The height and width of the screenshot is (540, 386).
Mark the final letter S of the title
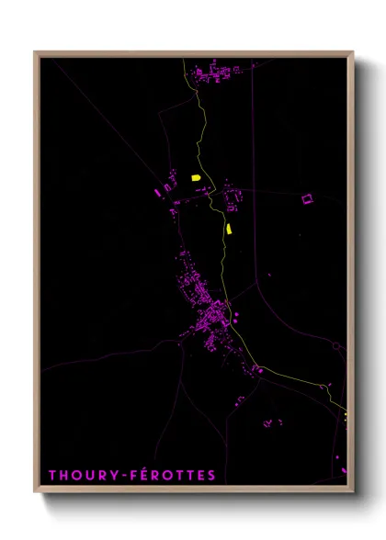tap(211, 476)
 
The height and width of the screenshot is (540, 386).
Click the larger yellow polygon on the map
tap(196, 178)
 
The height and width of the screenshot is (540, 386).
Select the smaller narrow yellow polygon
tap(228, 229)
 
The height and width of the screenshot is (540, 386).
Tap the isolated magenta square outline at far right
tap(307, 197)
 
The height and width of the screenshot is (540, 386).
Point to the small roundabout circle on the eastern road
tap(336, 346)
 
